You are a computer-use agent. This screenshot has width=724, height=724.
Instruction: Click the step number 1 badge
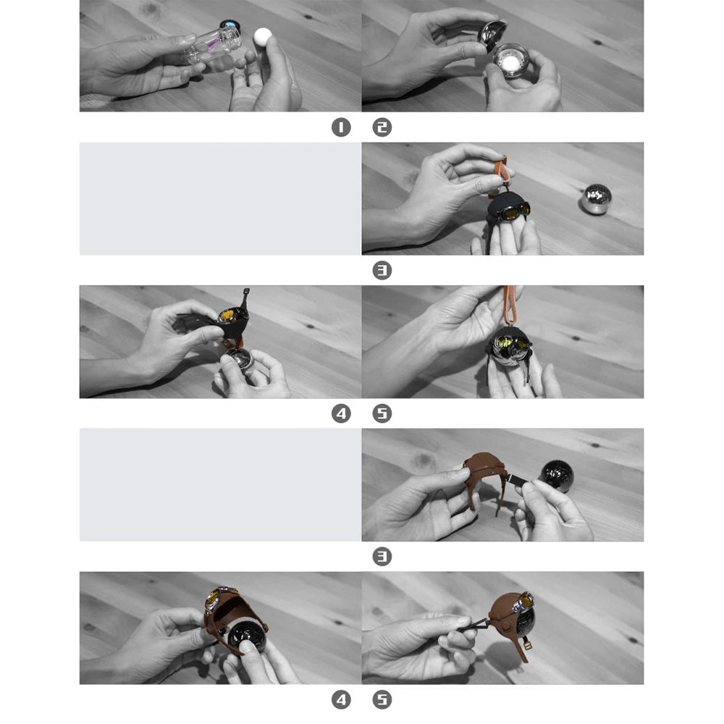341,127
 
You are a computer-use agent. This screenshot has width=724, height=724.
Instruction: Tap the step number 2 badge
382,127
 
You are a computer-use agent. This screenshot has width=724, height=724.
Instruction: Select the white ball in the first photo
263,37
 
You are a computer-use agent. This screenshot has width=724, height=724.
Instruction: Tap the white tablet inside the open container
509,62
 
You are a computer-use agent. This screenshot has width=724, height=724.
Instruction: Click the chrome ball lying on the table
596,199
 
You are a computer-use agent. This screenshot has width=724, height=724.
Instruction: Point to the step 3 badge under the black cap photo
382,271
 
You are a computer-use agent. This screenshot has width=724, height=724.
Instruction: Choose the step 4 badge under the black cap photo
341,413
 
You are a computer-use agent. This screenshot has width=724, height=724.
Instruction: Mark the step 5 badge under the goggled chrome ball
382,413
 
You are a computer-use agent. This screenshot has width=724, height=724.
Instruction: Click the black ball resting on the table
556,476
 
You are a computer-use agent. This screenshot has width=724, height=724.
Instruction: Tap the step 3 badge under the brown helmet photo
382,557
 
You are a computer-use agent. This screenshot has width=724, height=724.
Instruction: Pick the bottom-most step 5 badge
382,700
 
